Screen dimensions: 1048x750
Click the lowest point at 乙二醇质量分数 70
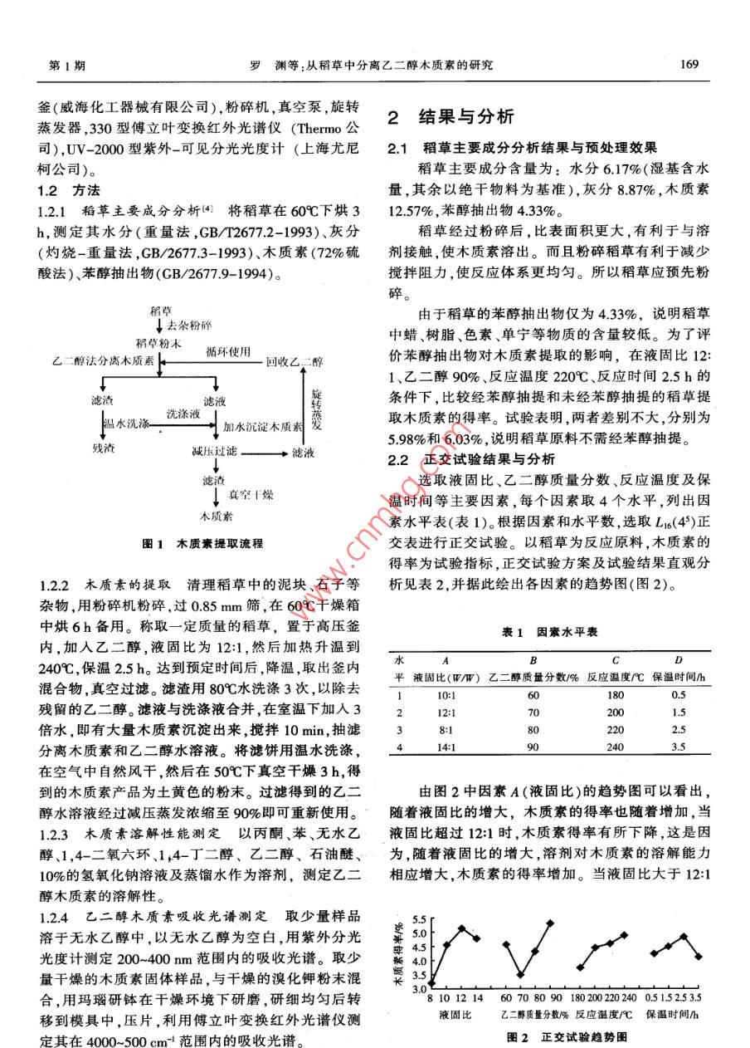tap(520, 974)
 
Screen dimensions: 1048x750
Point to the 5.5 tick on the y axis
tap(417, 920)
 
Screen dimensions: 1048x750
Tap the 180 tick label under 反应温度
tap(577, 997)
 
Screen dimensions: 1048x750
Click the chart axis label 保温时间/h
tap(677, 1014)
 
